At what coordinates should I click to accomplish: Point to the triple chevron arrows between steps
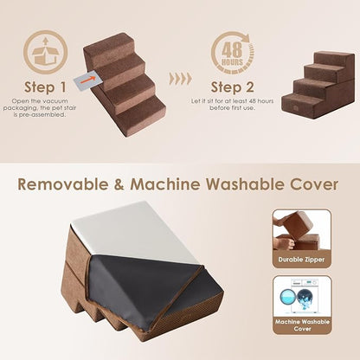[x=179, y=78]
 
